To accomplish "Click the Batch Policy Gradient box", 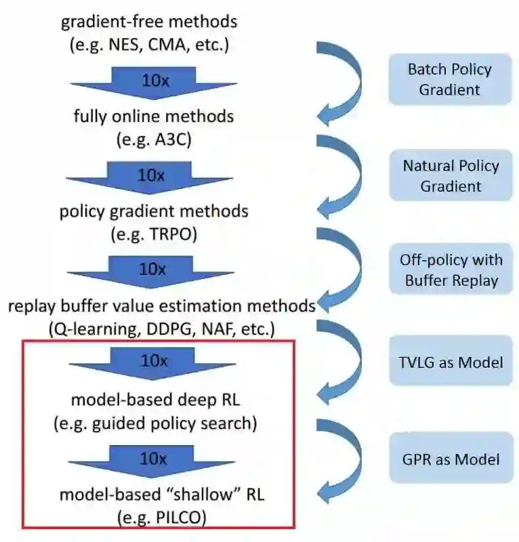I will [450, 79].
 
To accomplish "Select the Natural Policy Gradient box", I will [450, 175].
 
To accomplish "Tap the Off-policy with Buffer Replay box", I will [450, 270].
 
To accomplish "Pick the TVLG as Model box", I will [450, 362].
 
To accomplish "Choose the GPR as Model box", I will [450, 459].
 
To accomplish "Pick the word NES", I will [133, 45].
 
